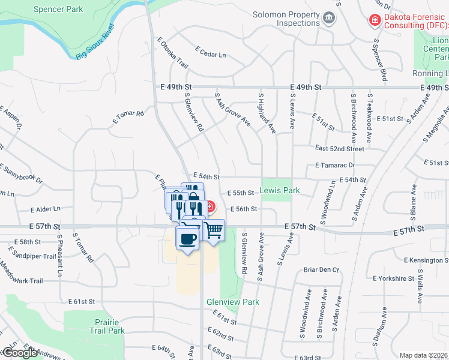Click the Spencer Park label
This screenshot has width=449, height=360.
click(x=59, y=10)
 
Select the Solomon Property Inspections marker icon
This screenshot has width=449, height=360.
click(x=328, y=18)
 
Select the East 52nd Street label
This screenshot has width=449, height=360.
click(x=340, y=148)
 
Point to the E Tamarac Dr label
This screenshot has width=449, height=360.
click(x=335, y=165)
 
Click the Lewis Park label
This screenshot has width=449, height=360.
click(x=280, y=190)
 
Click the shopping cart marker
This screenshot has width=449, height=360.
click(x=213, y=230)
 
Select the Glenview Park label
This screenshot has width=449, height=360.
click(x=233, y=302)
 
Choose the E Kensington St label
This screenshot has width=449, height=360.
click(x=426, y=260)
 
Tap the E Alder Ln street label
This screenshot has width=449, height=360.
click(x=46, y=209)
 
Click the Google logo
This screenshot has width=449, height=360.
click(x=20, y=353)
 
